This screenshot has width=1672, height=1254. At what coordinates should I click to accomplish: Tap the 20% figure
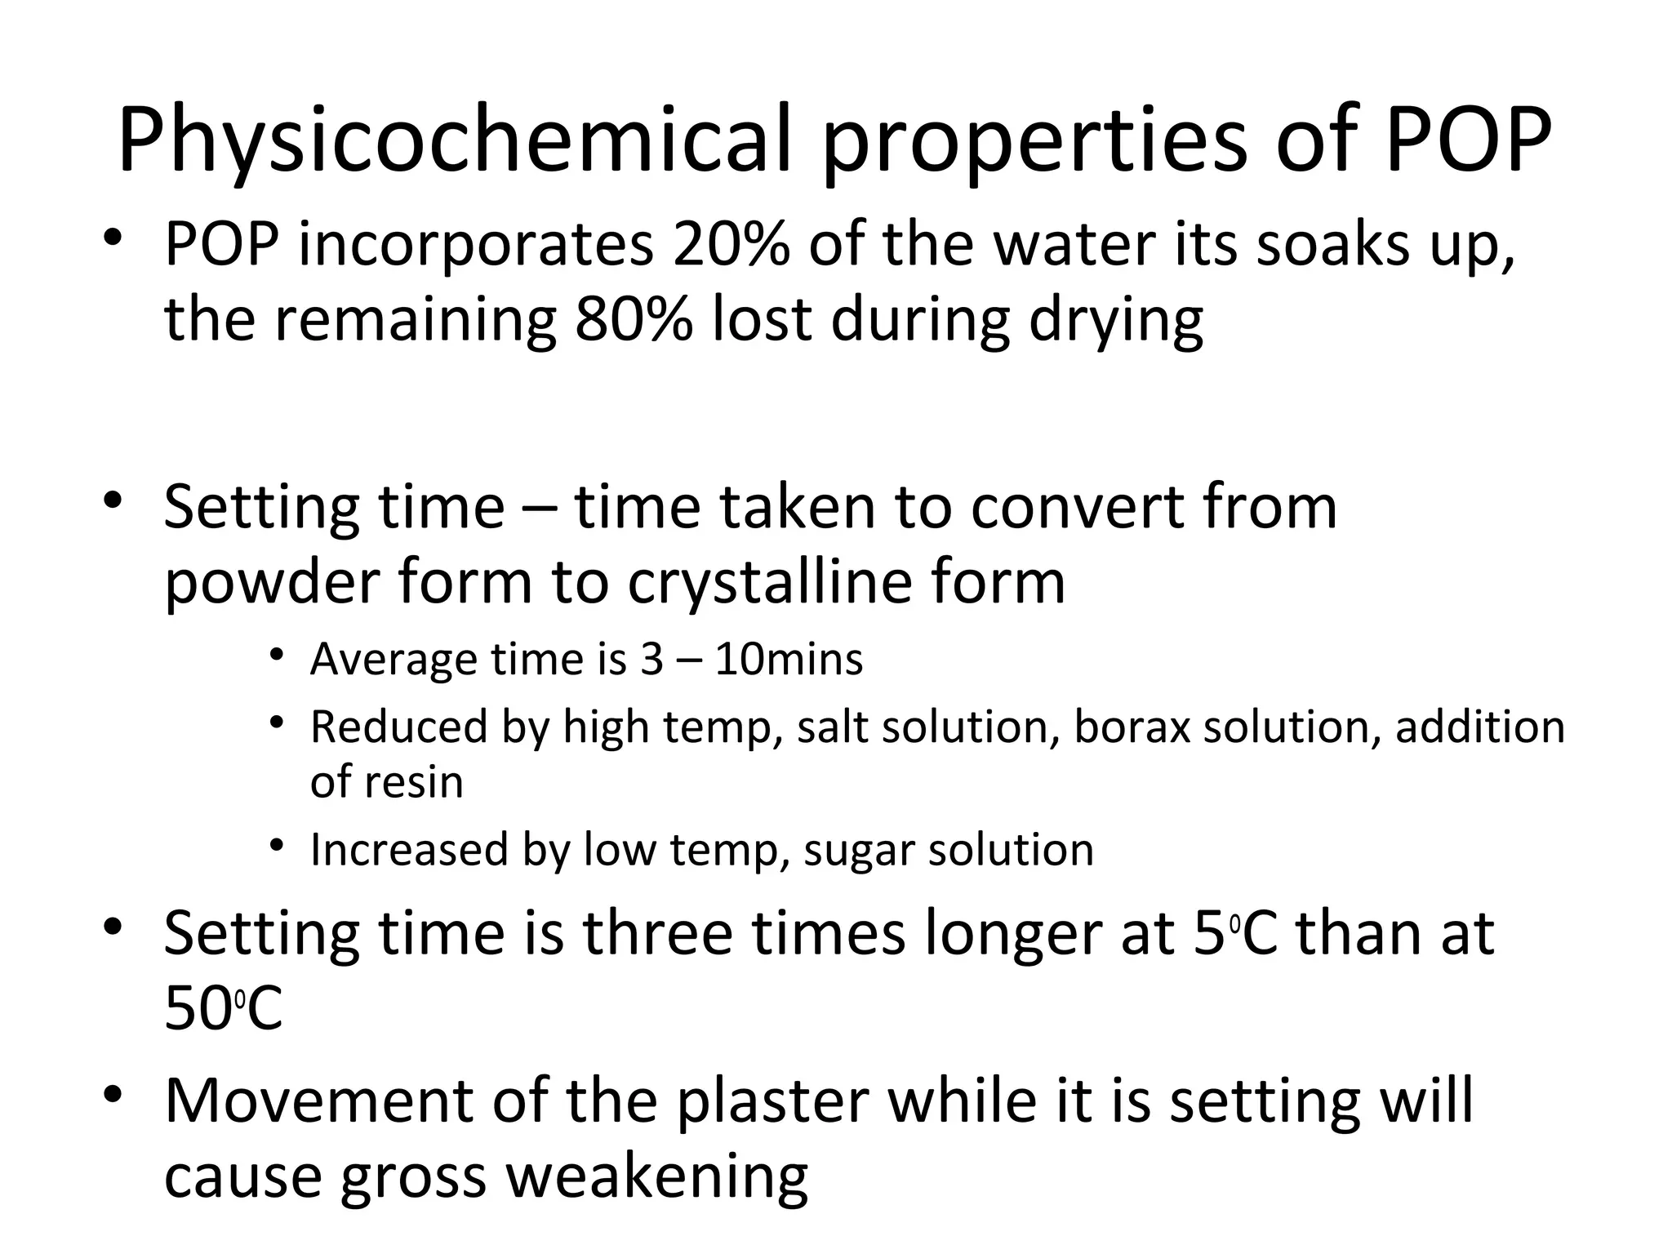coord(730,244)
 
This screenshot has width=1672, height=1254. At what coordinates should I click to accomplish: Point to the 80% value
coord(633,319)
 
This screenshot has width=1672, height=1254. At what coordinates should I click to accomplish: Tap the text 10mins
coord(789,660)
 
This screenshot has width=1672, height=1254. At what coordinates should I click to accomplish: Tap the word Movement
coord(318,1101)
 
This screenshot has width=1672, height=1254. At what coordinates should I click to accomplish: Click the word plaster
coord(773,1101)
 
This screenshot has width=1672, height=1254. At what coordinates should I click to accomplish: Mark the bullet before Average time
coord(278,656)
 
